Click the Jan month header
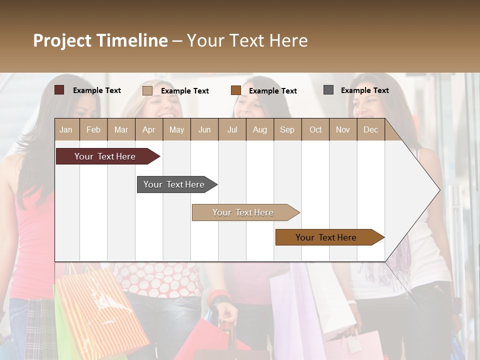(66, 130)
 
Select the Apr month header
(148, 130)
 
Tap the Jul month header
(232, 130)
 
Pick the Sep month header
(287, 130)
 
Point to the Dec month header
(370, 130)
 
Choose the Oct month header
(315, 130)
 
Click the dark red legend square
(59, 90)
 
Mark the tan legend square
(147, 90)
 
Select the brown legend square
(236, 90)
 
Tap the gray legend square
(328, 90)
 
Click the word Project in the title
(62, 40)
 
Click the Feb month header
(93, 130)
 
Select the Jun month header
(204, 130)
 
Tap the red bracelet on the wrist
(218, 297)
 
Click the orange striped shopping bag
(100, 310)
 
